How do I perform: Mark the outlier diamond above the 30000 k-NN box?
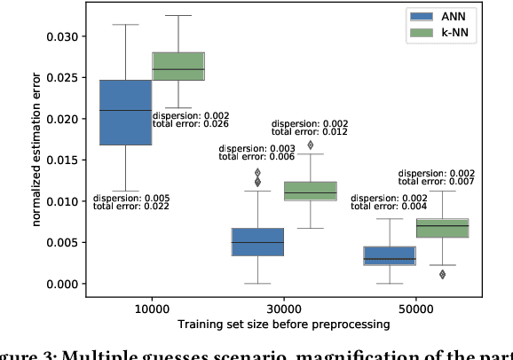[x=311, y=145]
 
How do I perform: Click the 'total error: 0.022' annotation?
[x=131, y=207]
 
